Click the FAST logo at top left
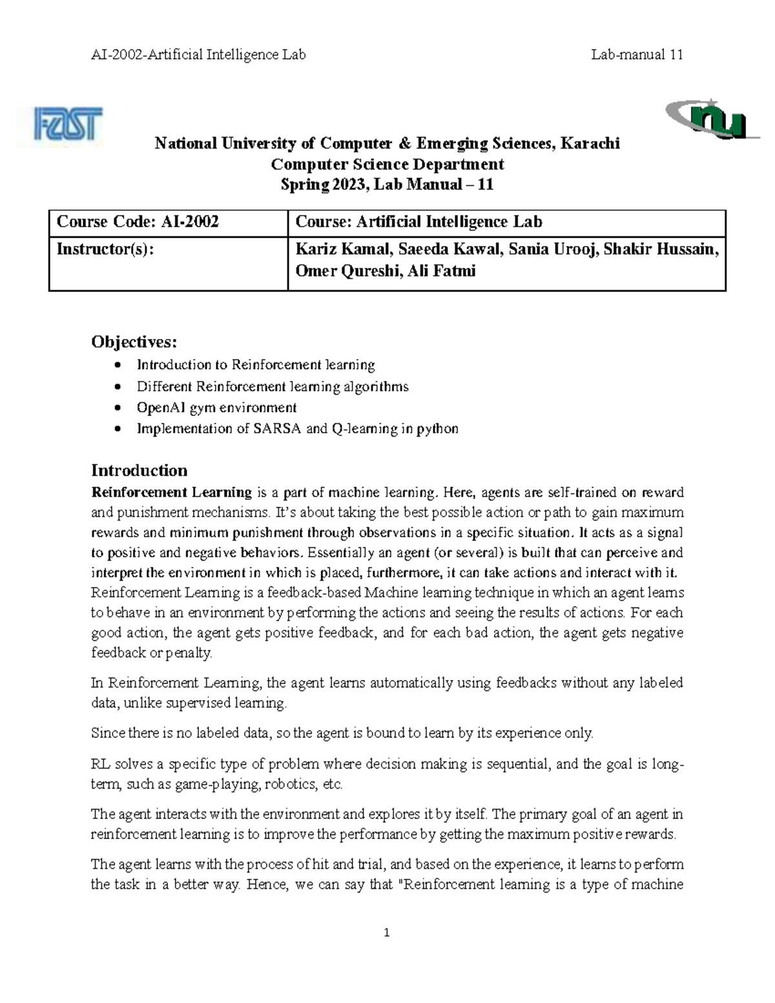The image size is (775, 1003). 68,127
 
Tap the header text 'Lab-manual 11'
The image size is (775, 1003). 637,55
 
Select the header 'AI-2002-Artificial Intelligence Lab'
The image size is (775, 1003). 198,55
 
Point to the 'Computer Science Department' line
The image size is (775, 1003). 387,164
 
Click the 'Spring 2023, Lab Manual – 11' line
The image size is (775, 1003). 387,185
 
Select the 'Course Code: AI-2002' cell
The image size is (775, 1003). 138,222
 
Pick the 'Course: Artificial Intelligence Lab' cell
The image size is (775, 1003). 418,222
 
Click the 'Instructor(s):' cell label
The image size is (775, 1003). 106,249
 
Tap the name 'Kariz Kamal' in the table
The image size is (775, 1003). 333,249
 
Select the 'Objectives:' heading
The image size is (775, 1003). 134,341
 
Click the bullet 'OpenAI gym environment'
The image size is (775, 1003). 216,408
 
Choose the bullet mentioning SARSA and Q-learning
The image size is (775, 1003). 297,429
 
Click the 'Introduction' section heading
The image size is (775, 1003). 139,470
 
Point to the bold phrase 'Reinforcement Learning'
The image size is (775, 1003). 171,492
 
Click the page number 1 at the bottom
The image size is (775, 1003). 387,933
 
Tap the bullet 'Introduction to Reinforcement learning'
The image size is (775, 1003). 255,365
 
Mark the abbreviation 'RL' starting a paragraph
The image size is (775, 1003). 101,764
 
